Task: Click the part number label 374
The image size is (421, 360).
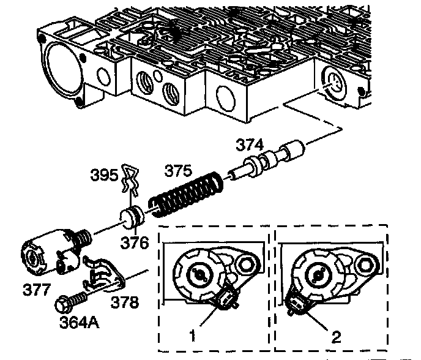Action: point(250,145)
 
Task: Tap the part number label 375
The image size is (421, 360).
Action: point(176,171)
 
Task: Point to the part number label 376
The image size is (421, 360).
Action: point(135,242)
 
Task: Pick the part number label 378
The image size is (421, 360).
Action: point(125,302)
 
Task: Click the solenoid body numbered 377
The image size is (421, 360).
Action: point(46,251)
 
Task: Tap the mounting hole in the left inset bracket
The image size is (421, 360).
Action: point(245,264)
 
